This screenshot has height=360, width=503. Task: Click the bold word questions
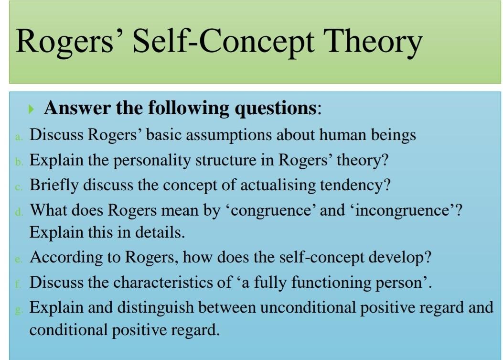pyautogui.click(x=275, y=108)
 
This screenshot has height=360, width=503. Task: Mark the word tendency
pyautogui.click(x=356, y=185)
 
